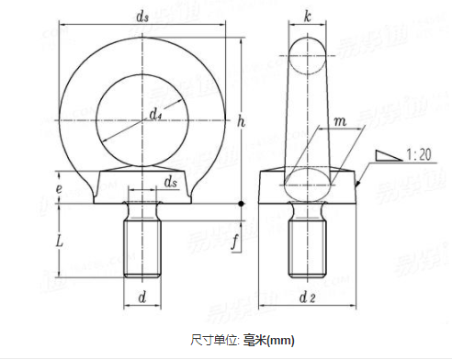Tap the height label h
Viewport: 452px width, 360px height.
pos(240,121)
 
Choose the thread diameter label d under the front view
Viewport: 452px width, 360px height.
pos(142,297)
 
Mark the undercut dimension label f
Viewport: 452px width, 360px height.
pos(237,242)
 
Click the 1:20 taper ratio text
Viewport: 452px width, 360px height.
pos(418,154)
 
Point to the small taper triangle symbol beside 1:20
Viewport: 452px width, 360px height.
pos(389,156)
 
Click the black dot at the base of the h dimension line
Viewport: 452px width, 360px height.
pos(241,202)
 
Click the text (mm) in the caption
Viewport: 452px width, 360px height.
pos(282,340)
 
